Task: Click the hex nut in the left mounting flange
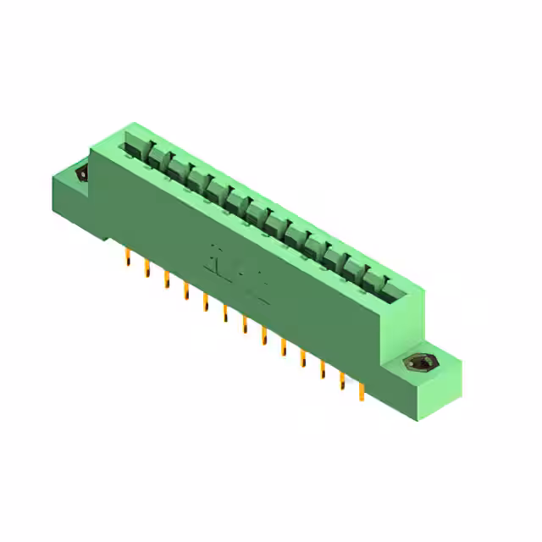pos(82,174)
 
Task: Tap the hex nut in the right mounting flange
pos(416,363)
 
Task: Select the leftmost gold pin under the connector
pos(127,257)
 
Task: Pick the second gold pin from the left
pos(147,269)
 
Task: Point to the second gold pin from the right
pos(342,381)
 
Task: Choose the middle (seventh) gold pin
pos(244,325)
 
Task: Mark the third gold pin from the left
pos(166,280)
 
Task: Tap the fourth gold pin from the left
pos(185,291)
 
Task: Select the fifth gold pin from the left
pos(205,302)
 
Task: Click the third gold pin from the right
pos(323,370)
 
